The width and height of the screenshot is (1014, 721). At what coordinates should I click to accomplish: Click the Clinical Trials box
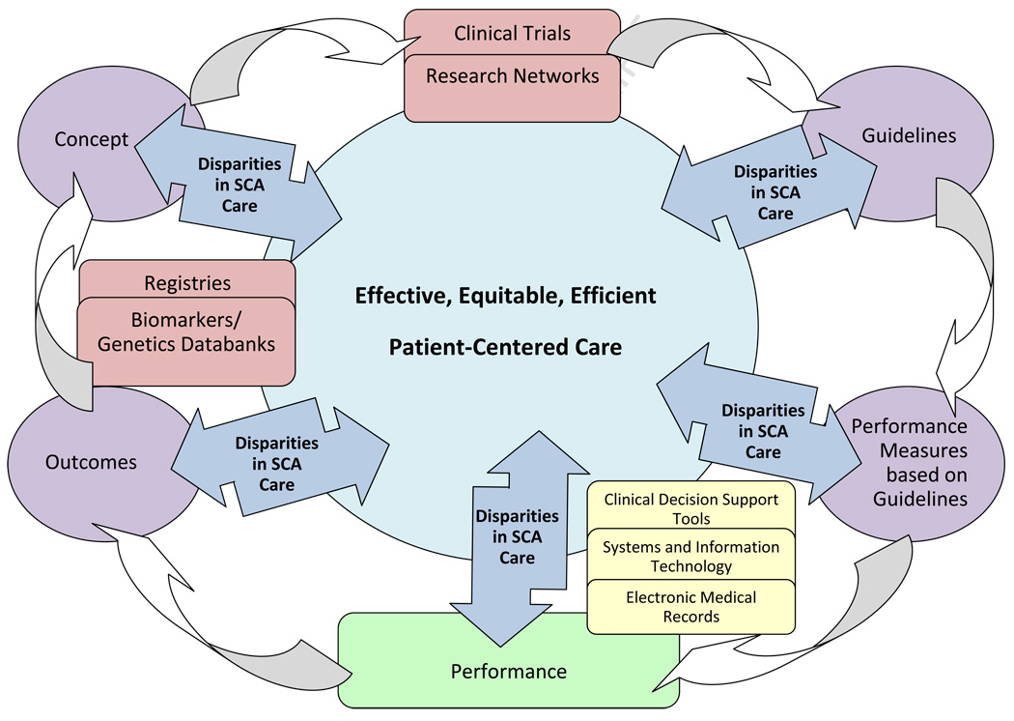512,32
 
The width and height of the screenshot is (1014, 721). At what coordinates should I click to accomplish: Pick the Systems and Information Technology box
690,557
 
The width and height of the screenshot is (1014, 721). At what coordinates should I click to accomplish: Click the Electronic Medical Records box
690,607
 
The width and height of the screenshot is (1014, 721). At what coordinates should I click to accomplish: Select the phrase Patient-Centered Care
505,346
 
